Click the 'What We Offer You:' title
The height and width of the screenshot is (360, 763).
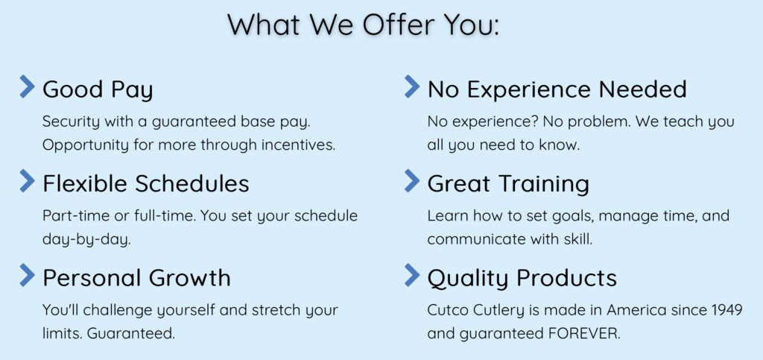(x=364, y=25)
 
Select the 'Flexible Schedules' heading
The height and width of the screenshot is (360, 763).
(x=146, y=183)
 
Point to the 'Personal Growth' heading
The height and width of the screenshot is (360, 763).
(x=137, y=278)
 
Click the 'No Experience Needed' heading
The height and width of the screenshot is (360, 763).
(x=557, y=89)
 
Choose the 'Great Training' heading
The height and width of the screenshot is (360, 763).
(x=508, y=184)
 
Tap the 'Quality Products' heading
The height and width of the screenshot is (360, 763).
(x=522, y=278)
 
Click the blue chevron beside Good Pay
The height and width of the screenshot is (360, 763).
(x=28, y=86)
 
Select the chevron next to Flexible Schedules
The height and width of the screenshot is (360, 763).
(x=28, y=180)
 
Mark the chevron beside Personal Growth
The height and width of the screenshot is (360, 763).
(x=28, y=275)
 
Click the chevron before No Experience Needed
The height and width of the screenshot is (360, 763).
(x=412, y=86)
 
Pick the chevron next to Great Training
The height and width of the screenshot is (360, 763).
(x=412, y=180)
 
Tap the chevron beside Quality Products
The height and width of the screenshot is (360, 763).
(x=412, y=275)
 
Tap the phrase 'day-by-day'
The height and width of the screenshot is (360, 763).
(x=86, y=240)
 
